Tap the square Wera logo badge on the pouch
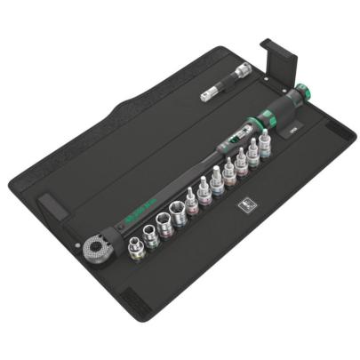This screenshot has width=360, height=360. (245, 205)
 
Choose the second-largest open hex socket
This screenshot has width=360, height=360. (166, 219)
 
